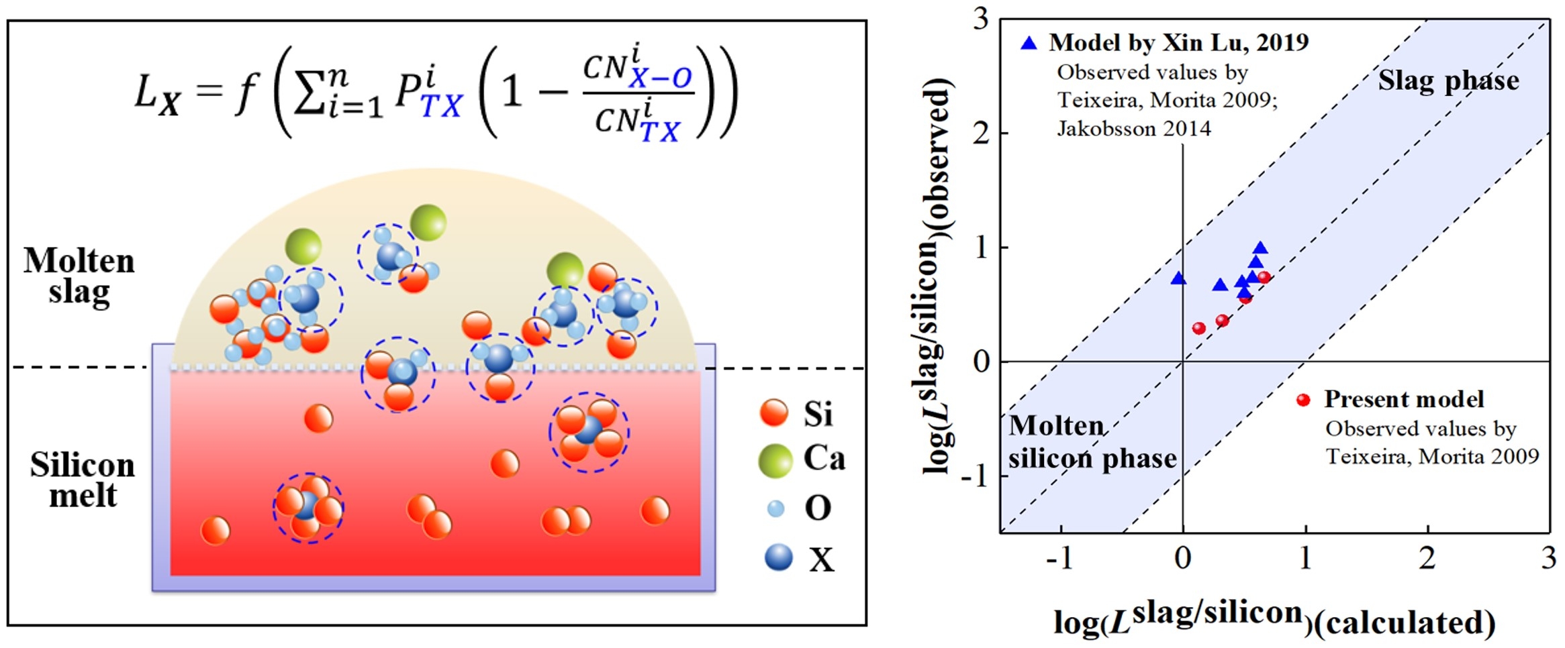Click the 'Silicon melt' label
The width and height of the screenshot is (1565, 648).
[x=82, y=480]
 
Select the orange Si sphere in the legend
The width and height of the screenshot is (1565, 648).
[x=773, y=412]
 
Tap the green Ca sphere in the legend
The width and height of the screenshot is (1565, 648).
[x=775, y=460]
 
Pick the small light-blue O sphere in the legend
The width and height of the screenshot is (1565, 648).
[x=775, y=508]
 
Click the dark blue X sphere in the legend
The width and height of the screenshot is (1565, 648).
[x=778, y=557]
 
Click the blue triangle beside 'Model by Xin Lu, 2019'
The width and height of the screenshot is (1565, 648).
[x=1029, y=44]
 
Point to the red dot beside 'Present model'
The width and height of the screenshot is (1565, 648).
[x=1303, y=400]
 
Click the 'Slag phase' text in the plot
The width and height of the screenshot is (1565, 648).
[x=1448, y=81]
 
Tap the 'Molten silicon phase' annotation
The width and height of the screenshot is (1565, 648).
[x=1091, y=442]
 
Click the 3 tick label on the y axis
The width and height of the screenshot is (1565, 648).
[x=981, y=19]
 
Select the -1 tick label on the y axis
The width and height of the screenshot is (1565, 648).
[x=975, y=476]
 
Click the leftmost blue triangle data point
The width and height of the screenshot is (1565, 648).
[x=1178, y=278]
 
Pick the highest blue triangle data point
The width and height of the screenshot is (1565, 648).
[x=1260, y=248]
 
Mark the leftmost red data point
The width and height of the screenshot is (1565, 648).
[x=1198, y=328]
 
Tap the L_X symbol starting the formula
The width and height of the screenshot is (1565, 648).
[x=157, y=95]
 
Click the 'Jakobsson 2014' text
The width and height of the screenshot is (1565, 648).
[x=1134, y=128]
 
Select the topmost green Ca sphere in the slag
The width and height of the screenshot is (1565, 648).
[x=428, y=222]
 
